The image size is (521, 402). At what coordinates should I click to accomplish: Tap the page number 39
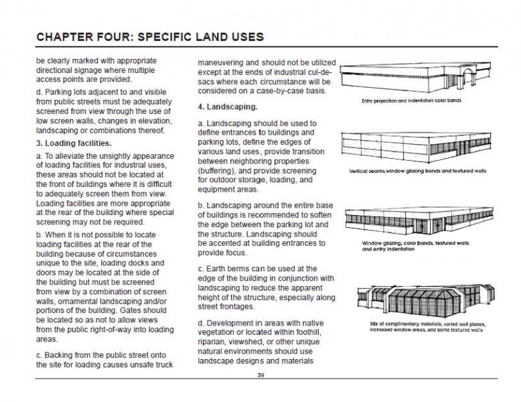tap(260, 375)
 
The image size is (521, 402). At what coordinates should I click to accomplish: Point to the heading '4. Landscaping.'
tap(228, 107)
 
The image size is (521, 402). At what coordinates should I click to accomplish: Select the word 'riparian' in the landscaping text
tap(214, 341)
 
